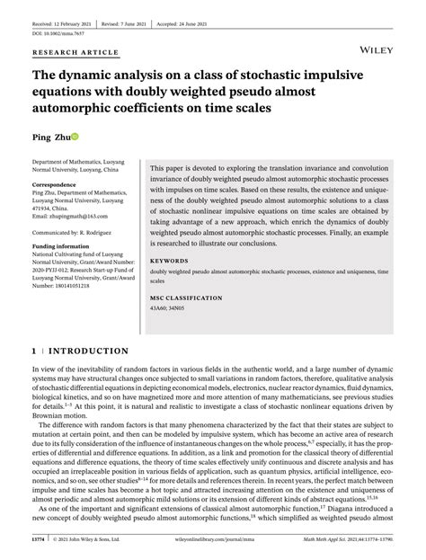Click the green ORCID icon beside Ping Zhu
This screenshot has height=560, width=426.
pos(75,136)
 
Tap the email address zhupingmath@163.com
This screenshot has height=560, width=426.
pos(71,216)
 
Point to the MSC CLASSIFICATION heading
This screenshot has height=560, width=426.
pos(186,298)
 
